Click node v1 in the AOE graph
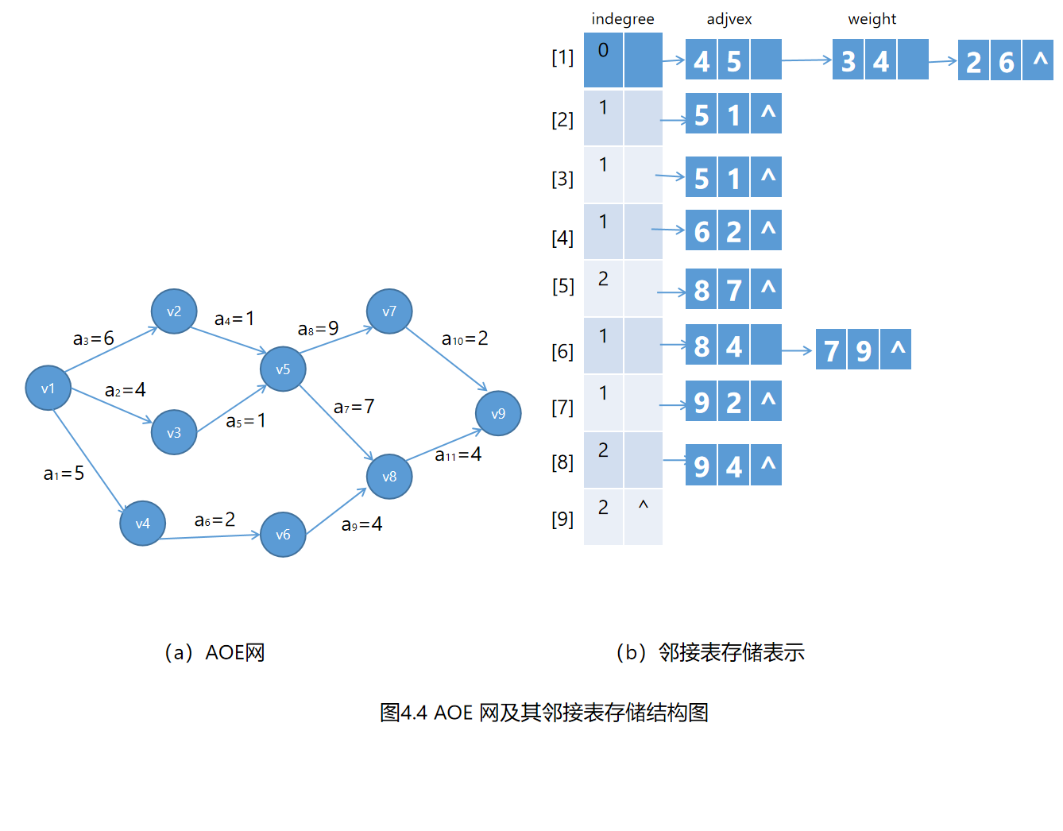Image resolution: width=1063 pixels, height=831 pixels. (x=48, y=388)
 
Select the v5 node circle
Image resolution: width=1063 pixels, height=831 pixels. (x=283, y=369)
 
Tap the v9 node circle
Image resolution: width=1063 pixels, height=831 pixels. (x=498, y=413)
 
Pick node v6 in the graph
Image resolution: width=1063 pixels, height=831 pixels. (x=283, y=534)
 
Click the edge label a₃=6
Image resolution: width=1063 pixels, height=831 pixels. (x=94, y=338)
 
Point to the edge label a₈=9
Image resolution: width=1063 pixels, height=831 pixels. (x=318, y=329)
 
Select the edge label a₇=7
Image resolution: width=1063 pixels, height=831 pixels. (x=354, y=407)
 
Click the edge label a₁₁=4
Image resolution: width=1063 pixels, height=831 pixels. (x=458, y=454)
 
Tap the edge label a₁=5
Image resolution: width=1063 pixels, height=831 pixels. (x=64, y=473)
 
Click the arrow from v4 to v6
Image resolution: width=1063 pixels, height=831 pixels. (x=210, y=536)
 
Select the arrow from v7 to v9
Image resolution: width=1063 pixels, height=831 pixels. (x=446, y=359)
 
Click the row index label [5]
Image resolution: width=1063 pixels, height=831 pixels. (x=563, y=286)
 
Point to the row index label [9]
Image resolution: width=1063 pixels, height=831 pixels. (x=562, y=519)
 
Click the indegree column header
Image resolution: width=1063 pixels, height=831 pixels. (x=623, y=19)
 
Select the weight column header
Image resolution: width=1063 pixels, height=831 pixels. (x=872, y=19)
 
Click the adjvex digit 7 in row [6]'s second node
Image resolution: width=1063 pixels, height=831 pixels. (x=831, y=350)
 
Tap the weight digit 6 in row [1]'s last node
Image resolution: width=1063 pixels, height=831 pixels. (x=1007, y=62)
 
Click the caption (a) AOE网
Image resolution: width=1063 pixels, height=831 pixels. (x=215, y=652)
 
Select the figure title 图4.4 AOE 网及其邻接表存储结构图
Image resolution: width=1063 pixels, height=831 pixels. (x=544, y=712)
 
